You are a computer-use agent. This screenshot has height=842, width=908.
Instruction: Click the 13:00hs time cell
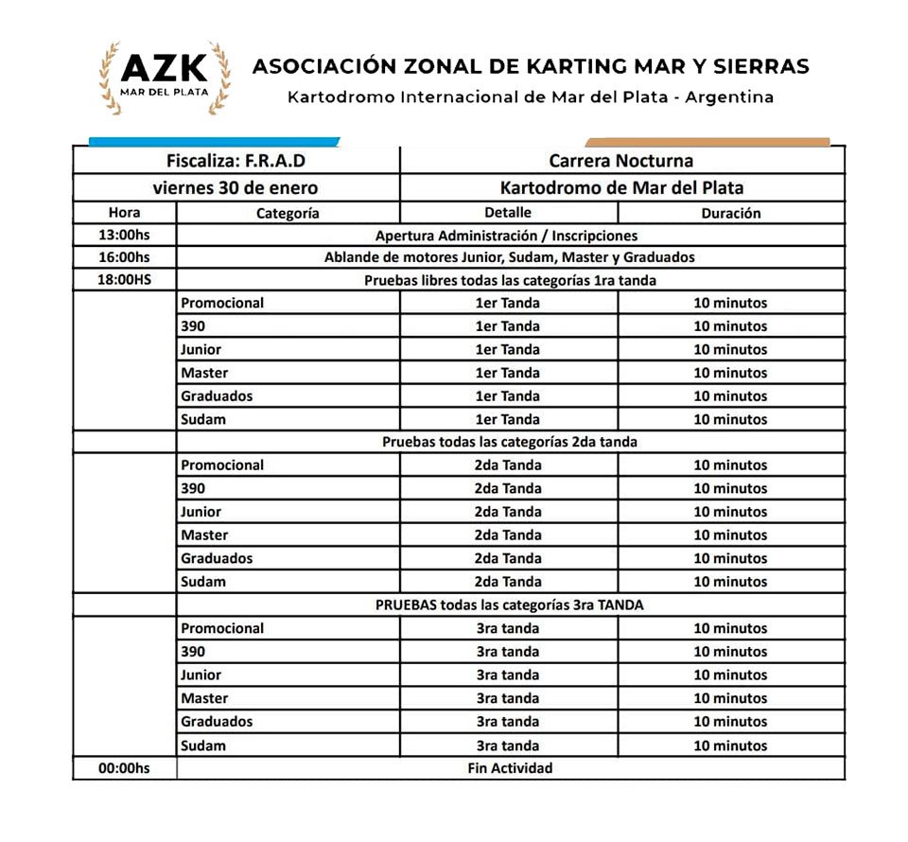click(124, 236)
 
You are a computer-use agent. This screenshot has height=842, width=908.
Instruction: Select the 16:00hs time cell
click(124, 257)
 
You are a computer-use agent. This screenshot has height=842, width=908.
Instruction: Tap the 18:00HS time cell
click(124, 280)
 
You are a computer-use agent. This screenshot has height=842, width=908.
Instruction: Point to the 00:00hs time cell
click(124, 768)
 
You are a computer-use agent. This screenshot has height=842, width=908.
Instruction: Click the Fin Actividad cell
click(510, 768)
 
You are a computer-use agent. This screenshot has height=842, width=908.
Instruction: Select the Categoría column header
click(288, 213)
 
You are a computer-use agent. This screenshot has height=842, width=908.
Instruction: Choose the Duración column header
click(730, 213)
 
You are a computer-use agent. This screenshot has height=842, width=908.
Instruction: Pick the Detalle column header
click(508, 213)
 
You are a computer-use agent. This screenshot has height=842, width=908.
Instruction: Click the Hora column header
click(124, 213)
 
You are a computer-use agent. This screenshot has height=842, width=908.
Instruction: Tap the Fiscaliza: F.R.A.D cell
click(236, 161)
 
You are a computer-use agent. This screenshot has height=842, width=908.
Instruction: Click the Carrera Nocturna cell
click(621, 161)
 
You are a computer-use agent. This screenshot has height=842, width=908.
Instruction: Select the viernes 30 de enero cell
click(236, 187)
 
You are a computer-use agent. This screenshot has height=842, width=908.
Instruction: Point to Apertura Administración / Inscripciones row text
click(507, 236)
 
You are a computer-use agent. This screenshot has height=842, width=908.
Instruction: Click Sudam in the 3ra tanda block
click(203, 746)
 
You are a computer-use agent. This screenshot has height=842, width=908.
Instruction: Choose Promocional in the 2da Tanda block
click(222, 465)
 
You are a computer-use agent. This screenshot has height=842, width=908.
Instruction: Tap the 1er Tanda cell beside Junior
click(508, 349)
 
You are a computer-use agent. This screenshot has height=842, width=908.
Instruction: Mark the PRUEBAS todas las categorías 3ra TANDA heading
click(510, 605)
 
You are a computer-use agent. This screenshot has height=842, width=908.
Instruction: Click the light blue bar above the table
click(214, 142)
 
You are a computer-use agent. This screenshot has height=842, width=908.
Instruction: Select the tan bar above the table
click(707, 142)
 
